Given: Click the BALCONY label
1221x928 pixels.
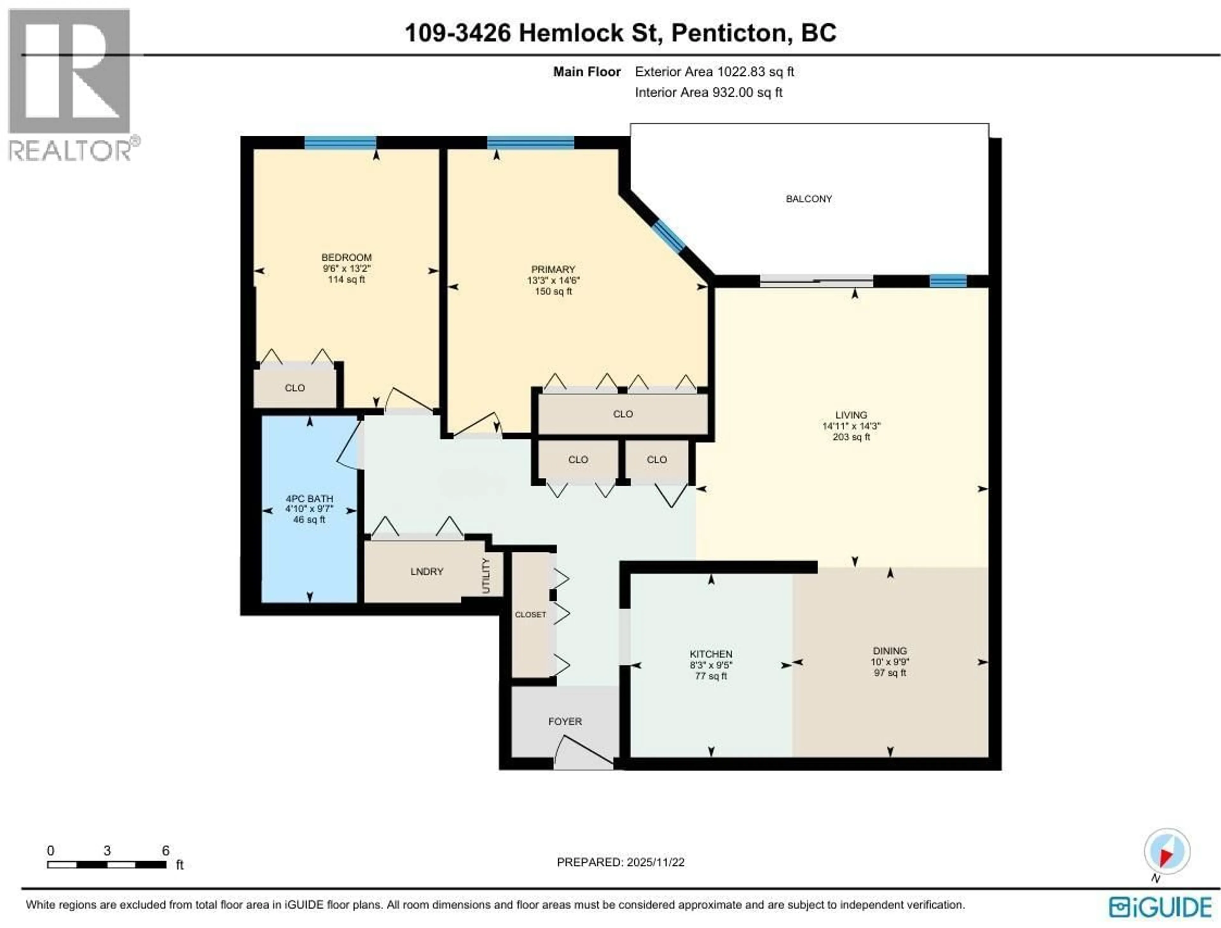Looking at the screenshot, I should (x=809, y=199).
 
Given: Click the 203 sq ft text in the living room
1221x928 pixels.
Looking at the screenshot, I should (x=851, y=437).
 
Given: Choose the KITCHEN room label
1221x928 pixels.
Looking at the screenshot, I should (x=711, y=654).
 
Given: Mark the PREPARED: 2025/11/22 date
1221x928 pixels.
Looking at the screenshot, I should (x=620, y=862).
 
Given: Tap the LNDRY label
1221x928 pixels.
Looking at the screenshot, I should (x=427, y=572).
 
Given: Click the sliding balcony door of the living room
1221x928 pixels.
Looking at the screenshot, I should (x=817, y=281).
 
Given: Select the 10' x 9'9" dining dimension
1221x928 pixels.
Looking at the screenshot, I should (x=890, y=662).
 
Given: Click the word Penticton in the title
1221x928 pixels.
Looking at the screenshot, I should (x=728, y=33).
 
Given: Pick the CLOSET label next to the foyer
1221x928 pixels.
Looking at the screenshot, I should (x=530, y=615).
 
